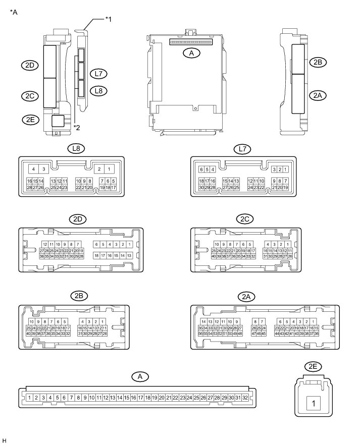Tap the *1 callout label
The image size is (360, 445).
click(x=108, y=19)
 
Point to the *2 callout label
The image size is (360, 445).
click(x=76, y=127)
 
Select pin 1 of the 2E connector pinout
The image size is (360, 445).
click(x=314, y=404)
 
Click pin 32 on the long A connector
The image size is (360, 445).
click(x=245, y=398)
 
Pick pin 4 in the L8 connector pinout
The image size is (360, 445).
click(x=33, y=169)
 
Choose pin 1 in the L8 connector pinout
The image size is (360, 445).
click(x=111, y=169)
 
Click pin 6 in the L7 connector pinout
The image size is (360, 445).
click(x=201, y=169)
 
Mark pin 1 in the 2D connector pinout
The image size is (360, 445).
click(x=130, y=244)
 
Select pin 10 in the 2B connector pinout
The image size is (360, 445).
click(x=31, y=322)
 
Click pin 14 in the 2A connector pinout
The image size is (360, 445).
click(x=203, y=322)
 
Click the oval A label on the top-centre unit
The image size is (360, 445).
click(x=191, y=52)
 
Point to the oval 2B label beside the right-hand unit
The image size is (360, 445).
click(x=318, y=62)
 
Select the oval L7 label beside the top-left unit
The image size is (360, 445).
click(x=99, y=74)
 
